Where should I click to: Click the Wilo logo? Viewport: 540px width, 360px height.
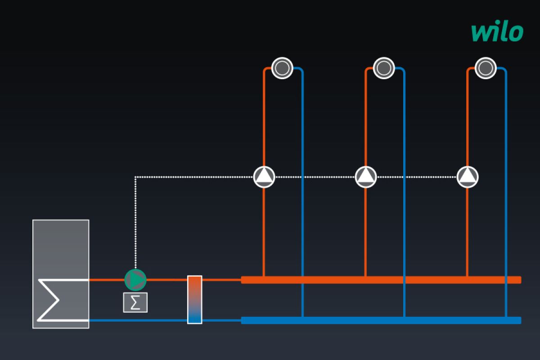(497, 32)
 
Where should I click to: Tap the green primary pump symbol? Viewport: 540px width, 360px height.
(135, 280)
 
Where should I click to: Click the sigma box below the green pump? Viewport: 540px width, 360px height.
(135, 302)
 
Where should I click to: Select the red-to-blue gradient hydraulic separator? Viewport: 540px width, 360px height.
(195, 299)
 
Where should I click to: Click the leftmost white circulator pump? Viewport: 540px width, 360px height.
(264, 177)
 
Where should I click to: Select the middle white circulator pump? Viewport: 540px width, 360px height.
(366, 177)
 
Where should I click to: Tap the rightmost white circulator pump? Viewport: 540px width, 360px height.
(468, 177)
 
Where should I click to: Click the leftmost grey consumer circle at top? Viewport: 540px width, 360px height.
(282, 68)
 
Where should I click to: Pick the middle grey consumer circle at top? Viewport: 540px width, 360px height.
(384, 68)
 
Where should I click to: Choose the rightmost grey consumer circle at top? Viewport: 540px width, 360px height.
(486, 68)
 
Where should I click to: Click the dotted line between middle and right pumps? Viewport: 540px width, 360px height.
(417, 177)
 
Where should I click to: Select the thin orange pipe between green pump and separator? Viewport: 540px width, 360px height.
(166, 280)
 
